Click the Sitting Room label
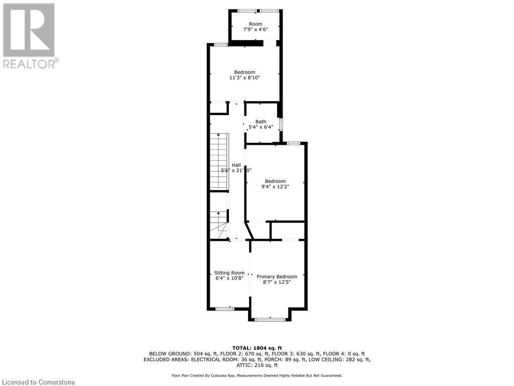pos(229,273)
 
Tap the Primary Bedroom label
pos(277,276)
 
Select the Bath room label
pos(261,122)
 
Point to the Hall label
pos(236,165)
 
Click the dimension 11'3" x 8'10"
pos(244,78)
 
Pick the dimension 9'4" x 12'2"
pos(275,186)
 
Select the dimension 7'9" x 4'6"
pos(255,30)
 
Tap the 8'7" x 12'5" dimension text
pos(277,282)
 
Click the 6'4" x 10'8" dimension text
pos(229,278)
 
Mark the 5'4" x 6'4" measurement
pos(261,127)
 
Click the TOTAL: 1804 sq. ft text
pos(256,348)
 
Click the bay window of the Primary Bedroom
pos(270,319)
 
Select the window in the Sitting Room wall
pos(225,308)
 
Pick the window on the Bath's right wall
pos(281,124)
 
